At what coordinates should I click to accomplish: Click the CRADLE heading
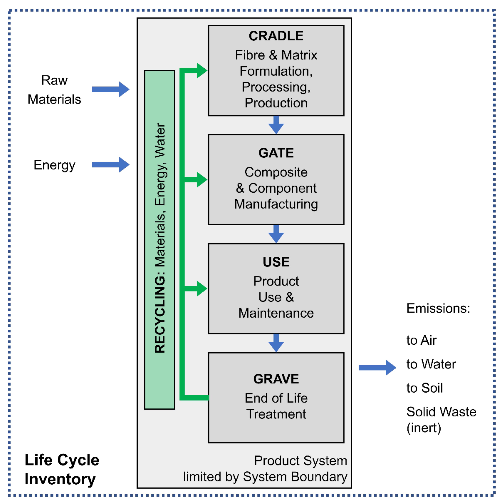pyautogui.click(x=276, y=36)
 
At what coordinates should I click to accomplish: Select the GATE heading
pyautogui.click(x=276, y=153)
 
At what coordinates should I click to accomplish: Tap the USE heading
pyautogui.click(x=276, y=262)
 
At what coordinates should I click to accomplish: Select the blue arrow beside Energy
pyautogui.click(x=111, y=165)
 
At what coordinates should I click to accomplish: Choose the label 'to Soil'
pyautogui.click(x=425, y=388)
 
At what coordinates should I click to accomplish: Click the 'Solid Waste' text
pyautogui.click(x=441, y=412)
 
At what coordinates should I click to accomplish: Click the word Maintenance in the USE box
pyautogui.click(x=276, y=313)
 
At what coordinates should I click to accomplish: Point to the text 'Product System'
pyautogui.click(x=301, y=460)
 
